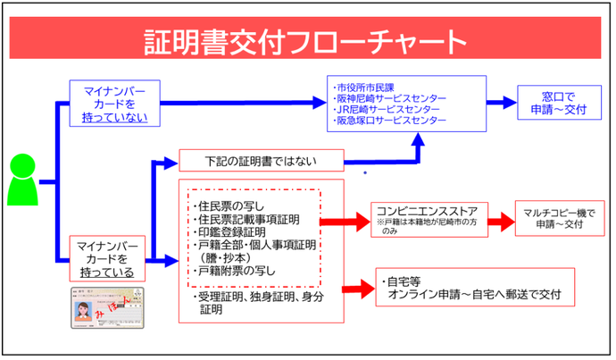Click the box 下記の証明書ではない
261,162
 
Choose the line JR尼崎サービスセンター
387,109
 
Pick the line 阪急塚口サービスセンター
391,120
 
